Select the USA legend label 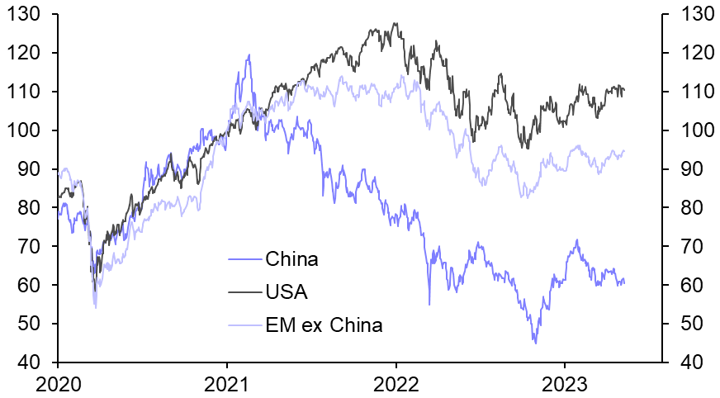point(287,291)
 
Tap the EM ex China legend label point(324,325)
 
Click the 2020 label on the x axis point(58,383)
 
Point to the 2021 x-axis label point(227,383)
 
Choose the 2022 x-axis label point(396,383)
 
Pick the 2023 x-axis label point(564,383)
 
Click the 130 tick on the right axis point(693,14)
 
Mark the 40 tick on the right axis point(688,362)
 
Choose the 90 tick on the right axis point(688,169)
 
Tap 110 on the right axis point(693,92)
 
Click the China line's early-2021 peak point(249,55)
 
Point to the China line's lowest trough point(534,343)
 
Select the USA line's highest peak point(395,23)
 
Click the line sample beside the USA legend point(244,292)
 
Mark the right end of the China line point(624,283)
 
